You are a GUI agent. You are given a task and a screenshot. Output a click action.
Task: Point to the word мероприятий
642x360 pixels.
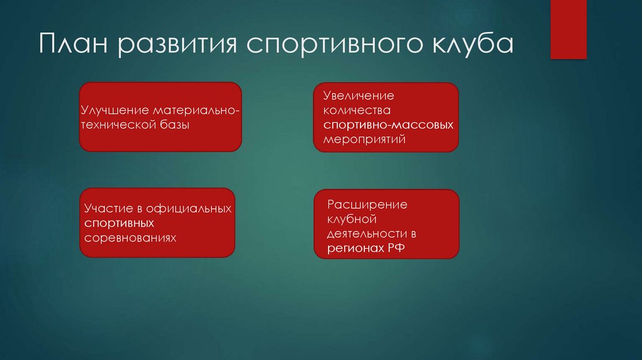[364, 140]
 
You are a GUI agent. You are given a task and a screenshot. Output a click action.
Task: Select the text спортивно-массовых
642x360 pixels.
[388, 125]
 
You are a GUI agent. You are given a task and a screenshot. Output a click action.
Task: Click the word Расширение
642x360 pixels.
[367, 205]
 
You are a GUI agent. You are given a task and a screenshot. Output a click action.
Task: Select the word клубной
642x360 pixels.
[351, 220]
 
